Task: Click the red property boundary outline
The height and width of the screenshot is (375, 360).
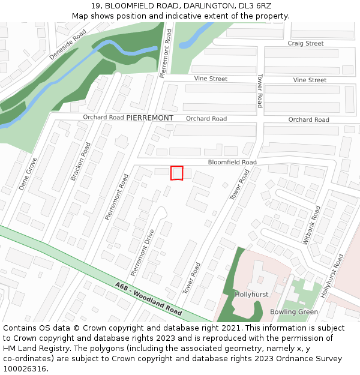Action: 176,173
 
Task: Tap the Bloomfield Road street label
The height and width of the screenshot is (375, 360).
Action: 232,163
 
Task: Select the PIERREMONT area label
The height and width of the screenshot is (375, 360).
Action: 150,118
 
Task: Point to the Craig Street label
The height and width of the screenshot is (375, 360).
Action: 305,43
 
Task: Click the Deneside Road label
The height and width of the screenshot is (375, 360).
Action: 68,45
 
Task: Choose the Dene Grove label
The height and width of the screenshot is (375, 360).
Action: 28,174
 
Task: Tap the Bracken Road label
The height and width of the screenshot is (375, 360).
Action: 80,161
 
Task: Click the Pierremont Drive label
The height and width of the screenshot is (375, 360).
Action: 143,252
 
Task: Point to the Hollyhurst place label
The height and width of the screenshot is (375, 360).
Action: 251,295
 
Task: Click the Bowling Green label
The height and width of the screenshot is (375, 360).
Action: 294,312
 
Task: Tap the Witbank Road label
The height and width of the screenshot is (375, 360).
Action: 312,226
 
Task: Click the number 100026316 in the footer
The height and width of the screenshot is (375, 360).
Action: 25,368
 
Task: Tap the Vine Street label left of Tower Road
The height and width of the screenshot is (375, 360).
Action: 211,79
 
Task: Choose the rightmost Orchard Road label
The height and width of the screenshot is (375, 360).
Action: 308,120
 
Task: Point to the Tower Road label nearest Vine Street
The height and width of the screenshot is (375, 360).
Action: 259,91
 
